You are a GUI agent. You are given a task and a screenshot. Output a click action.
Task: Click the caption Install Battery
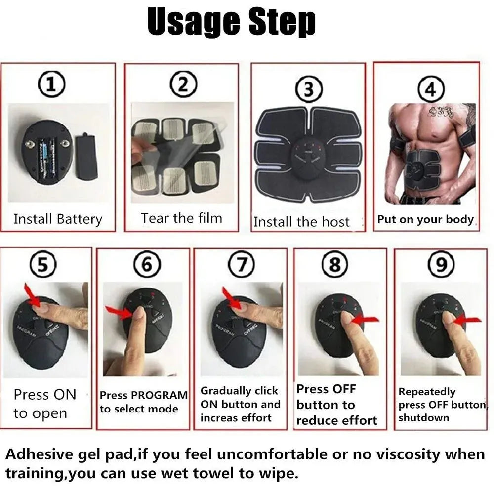pyautogui.click(x=58, y=219)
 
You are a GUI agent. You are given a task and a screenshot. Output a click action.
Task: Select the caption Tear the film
pyautogui.click(x=181, y=218)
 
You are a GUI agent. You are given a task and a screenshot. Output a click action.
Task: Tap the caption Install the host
pyautogui.click(x=301, y=222)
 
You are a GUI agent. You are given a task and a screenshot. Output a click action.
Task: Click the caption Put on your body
pyautogui.click(x=425, y=219)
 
